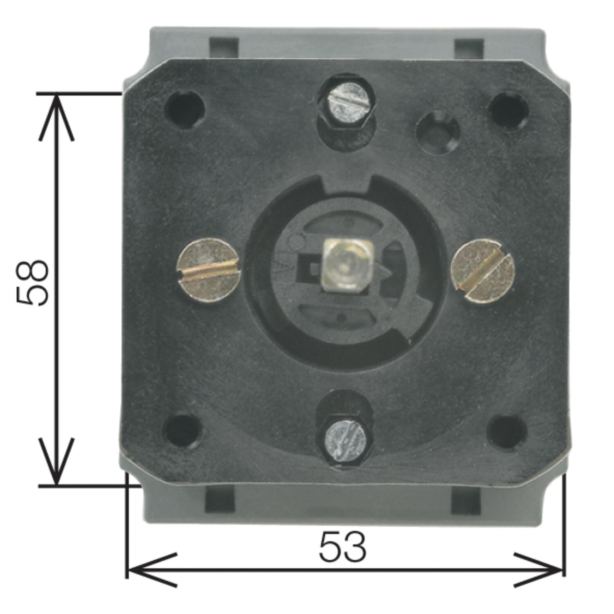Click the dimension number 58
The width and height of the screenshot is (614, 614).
point(33,282)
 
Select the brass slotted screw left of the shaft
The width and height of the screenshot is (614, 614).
point(208,271)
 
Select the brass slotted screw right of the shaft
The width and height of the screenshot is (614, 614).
point(483,271)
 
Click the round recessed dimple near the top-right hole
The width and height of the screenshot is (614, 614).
point(438,132)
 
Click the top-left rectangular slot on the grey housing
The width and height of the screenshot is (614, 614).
point(224,48)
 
